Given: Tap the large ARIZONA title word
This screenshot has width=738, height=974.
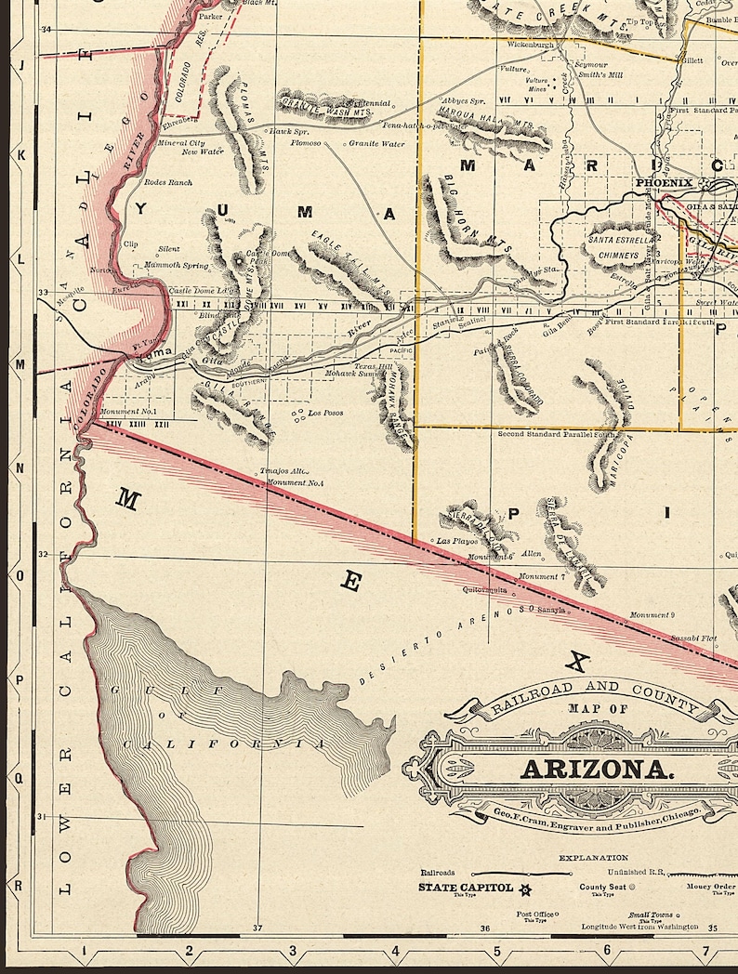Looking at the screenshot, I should [x=596, y=770].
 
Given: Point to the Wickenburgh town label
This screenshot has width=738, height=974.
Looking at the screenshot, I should [x=531, y=44].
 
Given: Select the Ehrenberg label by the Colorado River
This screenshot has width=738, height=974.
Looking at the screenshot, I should [x=178, y=121].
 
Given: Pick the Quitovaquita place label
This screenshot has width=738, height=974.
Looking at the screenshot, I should [x=485, y=589].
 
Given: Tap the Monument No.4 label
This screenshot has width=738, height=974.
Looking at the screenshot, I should [x=295, y=482].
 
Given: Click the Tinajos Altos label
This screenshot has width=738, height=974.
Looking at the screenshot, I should [x=283, y=471].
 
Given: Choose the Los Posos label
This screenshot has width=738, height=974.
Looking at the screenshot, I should [x=325, y=413].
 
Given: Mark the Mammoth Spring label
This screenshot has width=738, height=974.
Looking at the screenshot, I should [x=178, y=266].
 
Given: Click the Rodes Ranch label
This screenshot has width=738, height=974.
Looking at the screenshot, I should [x=168, y=182].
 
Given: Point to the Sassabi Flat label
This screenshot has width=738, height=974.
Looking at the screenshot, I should [x=693, y=638].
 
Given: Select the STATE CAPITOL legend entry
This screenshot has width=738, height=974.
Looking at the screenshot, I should [x=466, y=888].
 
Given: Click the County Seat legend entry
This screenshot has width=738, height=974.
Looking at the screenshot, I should [x=600, y=888].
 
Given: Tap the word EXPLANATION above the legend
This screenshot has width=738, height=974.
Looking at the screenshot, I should [x=593, y=858].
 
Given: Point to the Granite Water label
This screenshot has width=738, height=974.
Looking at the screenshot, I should [x=377, y=144].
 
